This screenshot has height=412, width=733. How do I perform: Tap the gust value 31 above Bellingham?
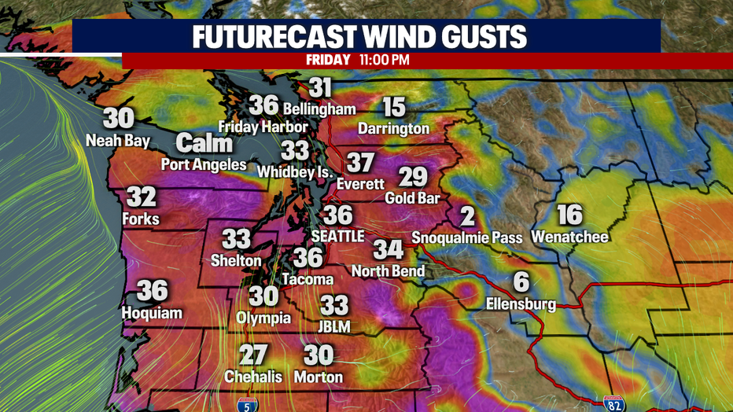coord(320,87)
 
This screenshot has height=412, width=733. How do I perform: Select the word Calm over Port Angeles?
coord(204,143)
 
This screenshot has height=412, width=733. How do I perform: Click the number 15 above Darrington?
coord(394,107)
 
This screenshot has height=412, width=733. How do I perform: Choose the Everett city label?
coord(359,184)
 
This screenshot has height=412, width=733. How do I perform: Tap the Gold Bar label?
coord(412,198)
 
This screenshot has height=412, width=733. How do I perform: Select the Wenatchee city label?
coord(569,236)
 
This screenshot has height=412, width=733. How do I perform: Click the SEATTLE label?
coord(339,236)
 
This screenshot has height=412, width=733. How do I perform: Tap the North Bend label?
coord(389,271)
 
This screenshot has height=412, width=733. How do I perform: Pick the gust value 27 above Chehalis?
coord(253,355)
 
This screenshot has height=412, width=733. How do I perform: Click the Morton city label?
coord(319,377)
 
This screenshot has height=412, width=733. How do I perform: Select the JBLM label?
coord(335,326)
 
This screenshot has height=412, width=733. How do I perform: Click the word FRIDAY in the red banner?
coord(329,60)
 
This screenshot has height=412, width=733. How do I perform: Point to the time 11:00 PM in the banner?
coord(384,60)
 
